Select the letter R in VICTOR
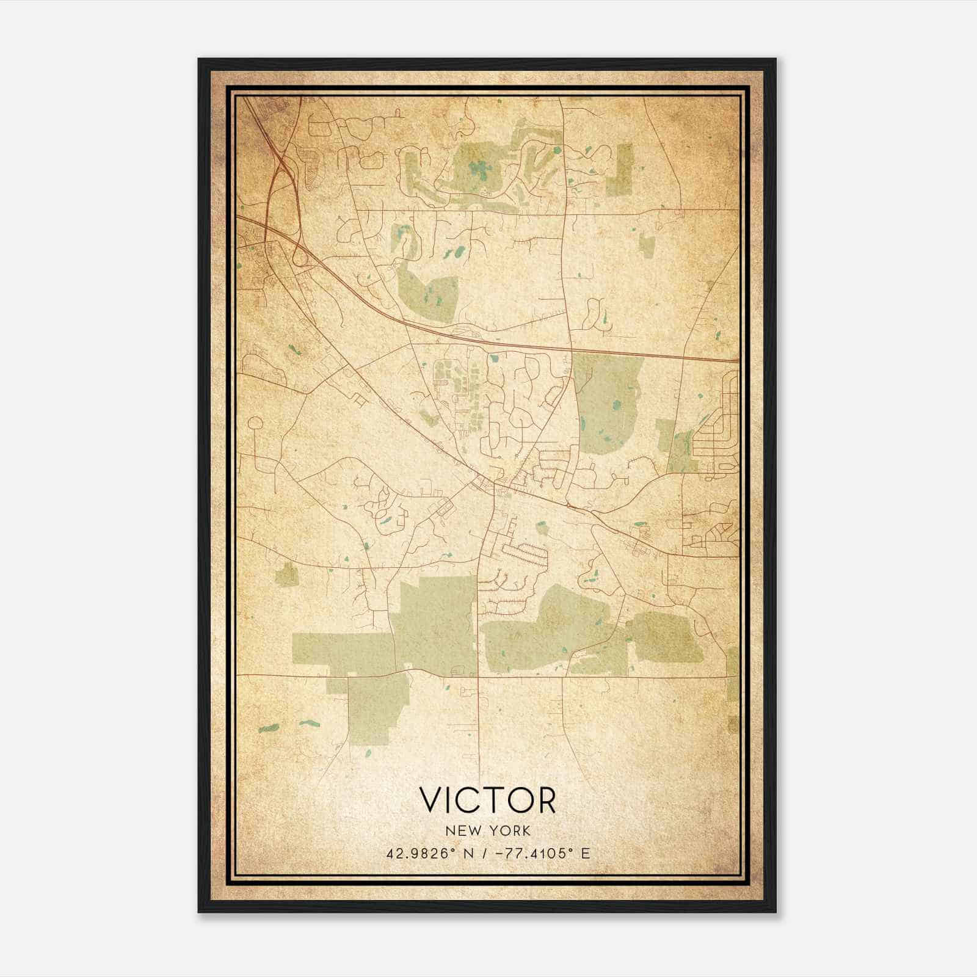(x=545, y=801)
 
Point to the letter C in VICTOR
(x=466, y=801)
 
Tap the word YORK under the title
(x=509, y=831)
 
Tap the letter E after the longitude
(x=585, y=854)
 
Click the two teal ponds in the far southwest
(x=287, y=726)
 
